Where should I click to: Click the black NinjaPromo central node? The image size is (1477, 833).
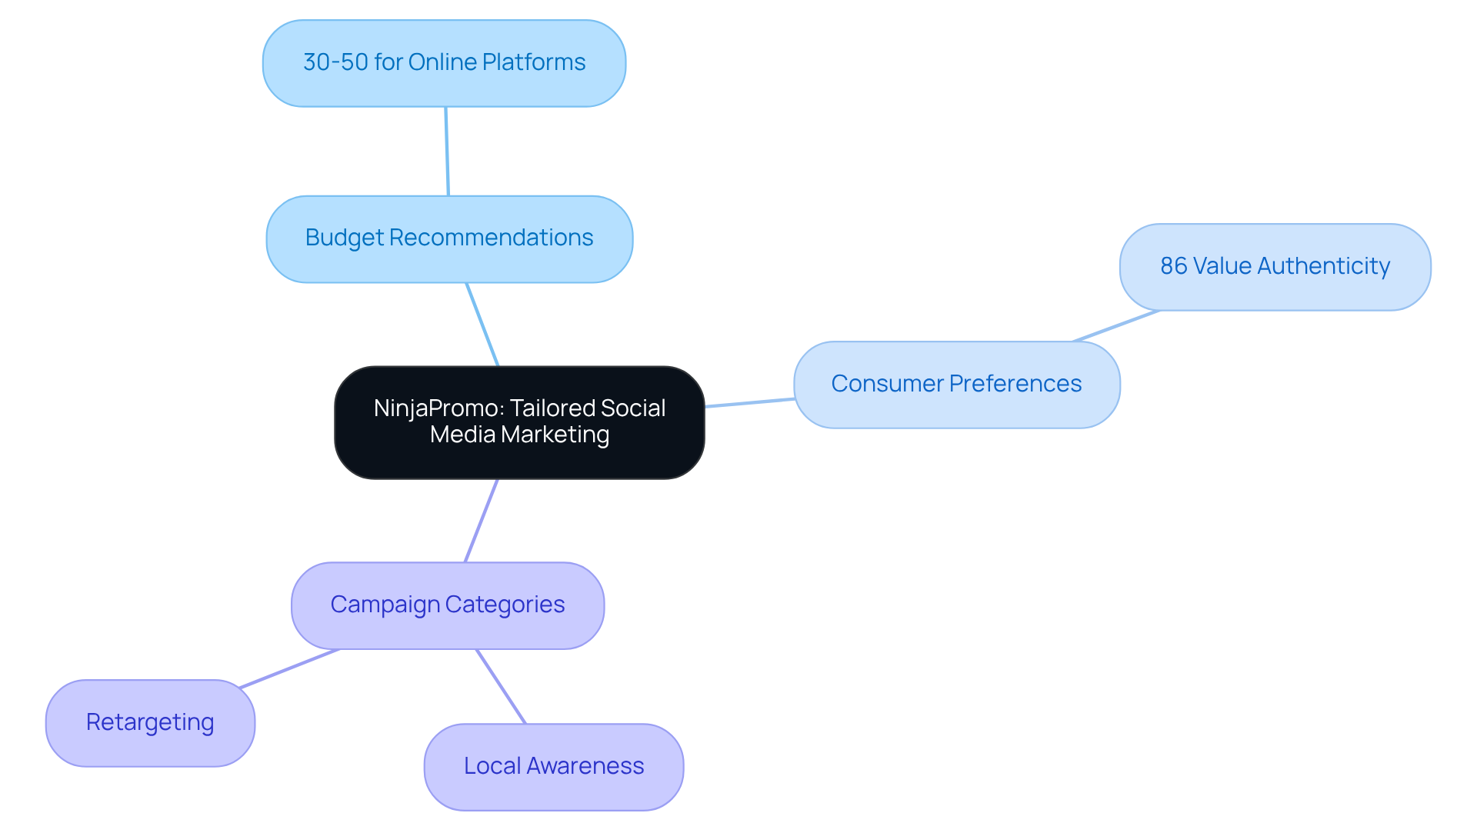pos(519,422)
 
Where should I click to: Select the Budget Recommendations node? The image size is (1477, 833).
pos(449,239)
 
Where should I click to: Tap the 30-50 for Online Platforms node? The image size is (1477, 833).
pos(444,63)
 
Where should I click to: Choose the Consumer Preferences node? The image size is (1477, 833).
pos(956,384)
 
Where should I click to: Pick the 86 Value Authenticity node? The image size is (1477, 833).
pos(1275,267)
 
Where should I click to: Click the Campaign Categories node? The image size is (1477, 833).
pos(447,605)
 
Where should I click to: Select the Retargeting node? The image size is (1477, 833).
pos(150,722)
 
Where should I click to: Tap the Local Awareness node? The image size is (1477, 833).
pos(553,766)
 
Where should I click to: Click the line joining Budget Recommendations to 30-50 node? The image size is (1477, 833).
pos(447,152)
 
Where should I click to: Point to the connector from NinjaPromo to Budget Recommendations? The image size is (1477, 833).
pos(482,325)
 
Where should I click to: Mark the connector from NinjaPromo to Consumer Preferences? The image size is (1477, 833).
pos(750,402)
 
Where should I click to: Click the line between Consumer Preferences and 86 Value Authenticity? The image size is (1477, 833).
pos(1116,325)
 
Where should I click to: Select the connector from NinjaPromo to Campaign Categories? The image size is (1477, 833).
pos(482,521)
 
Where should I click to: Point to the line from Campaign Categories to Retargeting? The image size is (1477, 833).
pos(289,668)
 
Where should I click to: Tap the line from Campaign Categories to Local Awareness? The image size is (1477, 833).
pos(501,686)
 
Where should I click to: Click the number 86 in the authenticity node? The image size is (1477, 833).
pos(1173,266)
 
